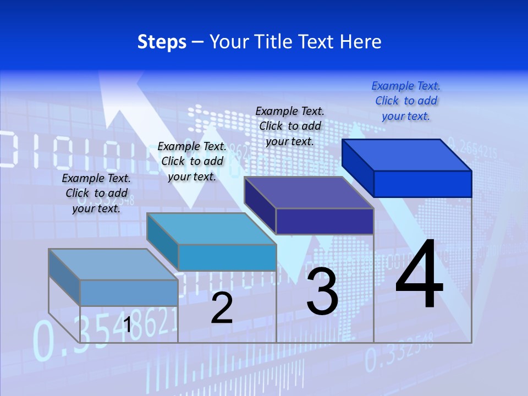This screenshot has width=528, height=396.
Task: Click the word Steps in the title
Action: (162, 42)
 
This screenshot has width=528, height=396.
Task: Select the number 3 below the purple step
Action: (322, 291)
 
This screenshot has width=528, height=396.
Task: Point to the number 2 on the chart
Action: (222, 308)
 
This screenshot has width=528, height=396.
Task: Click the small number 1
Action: (127, 325)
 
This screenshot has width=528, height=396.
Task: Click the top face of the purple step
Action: (309, 193)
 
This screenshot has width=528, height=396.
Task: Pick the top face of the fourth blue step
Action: (407, 155)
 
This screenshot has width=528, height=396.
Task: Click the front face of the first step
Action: (129, 293)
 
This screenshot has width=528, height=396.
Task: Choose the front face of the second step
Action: (227, 257)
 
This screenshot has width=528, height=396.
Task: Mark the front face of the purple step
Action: (324, 221)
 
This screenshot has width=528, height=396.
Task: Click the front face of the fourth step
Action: (422, 184)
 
